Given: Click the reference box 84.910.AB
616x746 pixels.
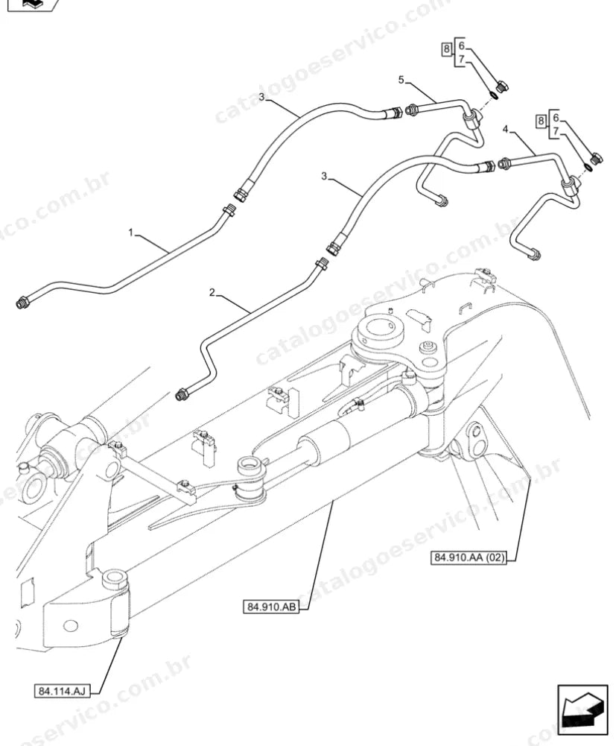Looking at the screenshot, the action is click(x=271, y=607).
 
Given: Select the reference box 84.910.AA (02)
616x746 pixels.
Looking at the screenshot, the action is click(x=469, y=557).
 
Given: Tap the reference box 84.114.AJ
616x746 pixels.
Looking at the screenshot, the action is click(x=62, y=691).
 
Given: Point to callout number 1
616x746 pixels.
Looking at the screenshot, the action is click(x=131, y=233).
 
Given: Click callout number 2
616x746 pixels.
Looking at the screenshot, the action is click(x=212, y=292).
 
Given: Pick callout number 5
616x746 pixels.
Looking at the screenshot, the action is click(x=401, y=80).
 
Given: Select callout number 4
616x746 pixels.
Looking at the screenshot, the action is click(x=505, y=128).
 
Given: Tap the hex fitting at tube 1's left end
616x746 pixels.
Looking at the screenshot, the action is click(x=22, y=303).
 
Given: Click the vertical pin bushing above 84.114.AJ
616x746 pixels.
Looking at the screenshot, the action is click(x=115, y=603).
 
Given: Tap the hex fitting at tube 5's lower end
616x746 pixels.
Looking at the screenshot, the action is click(x=441, y=201).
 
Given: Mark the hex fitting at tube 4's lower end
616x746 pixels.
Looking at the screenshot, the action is click(x=535, y=255).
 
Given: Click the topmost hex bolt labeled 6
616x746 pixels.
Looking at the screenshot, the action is click(x=502, y=87).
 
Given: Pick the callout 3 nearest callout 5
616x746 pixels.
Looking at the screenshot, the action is click(x=261, y=97).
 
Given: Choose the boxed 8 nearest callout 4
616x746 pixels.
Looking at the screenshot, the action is click(x=540, y=121).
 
